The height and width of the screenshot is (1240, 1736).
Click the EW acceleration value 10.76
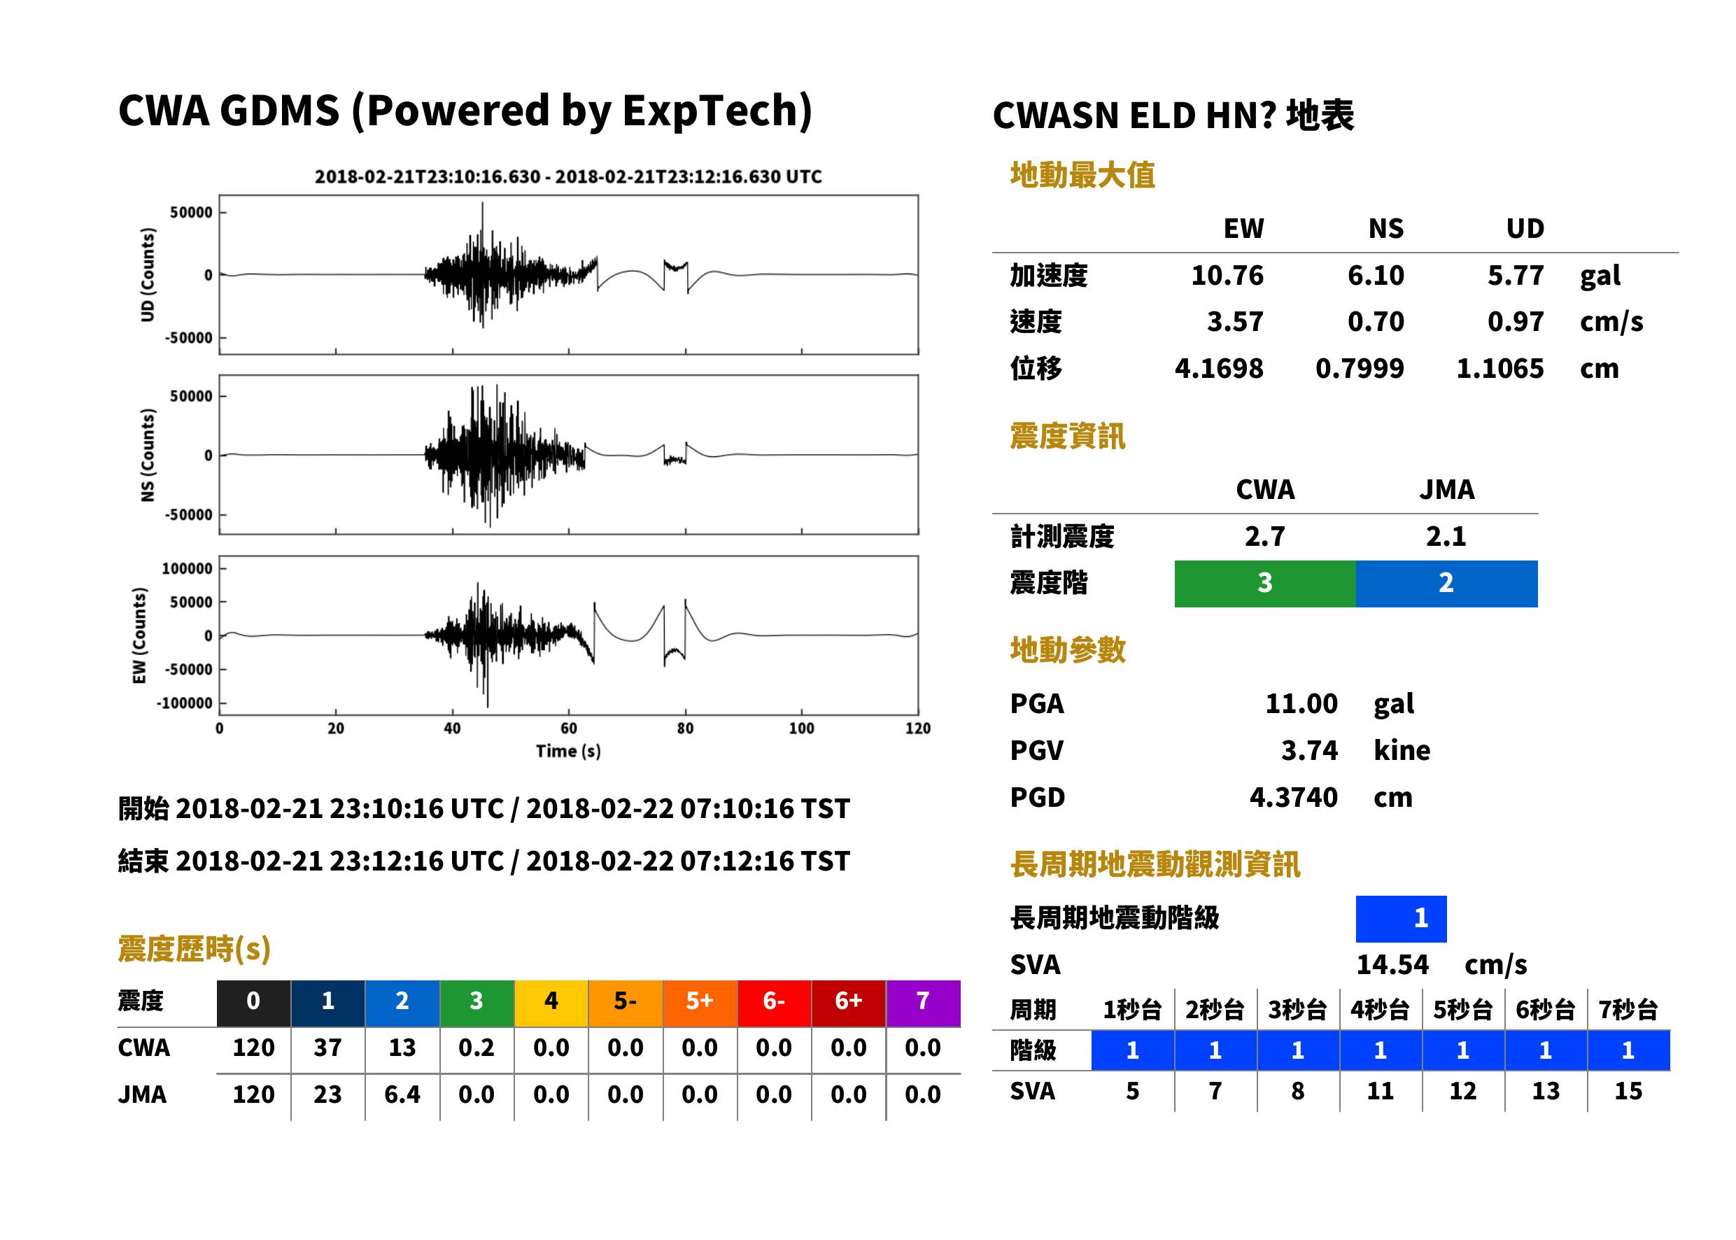[x=1227, y=276]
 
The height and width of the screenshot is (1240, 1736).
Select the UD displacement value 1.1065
[x=1499, y=369]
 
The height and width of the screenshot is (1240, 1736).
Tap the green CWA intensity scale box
[x=1265, y=584]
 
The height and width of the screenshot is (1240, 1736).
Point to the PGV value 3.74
[x=1309, y=751]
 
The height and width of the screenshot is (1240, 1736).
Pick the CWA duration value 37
[x=327, y=1048]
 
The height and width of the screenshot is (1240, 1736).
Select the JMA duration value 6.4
[x=402, y=1095]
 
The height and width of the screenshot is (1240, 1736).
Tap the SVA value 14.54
[x=1392, y=965]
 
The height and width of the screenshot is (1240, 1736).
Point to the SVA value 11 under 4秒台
[x=1381, y=1092]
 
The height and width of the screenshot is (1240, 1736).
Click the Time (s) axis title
[x=568, y=752]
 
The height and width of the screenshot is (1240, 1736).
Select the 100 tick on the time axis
[x=802, y=728]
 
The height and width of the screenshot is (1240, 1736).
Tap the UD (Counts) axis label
[x=148, y=275]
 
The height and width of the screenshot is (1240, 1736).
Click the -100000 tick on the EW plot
[x=185, y=703]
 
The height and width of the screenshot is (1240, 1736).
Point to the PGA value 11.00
[x=1301, y=704]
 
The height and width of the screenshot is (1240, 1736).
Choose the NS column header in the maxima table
[x=1385, y=229]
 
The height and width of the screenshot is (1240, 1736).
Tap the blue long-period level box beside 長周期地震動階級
[x=1401, y=919]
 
